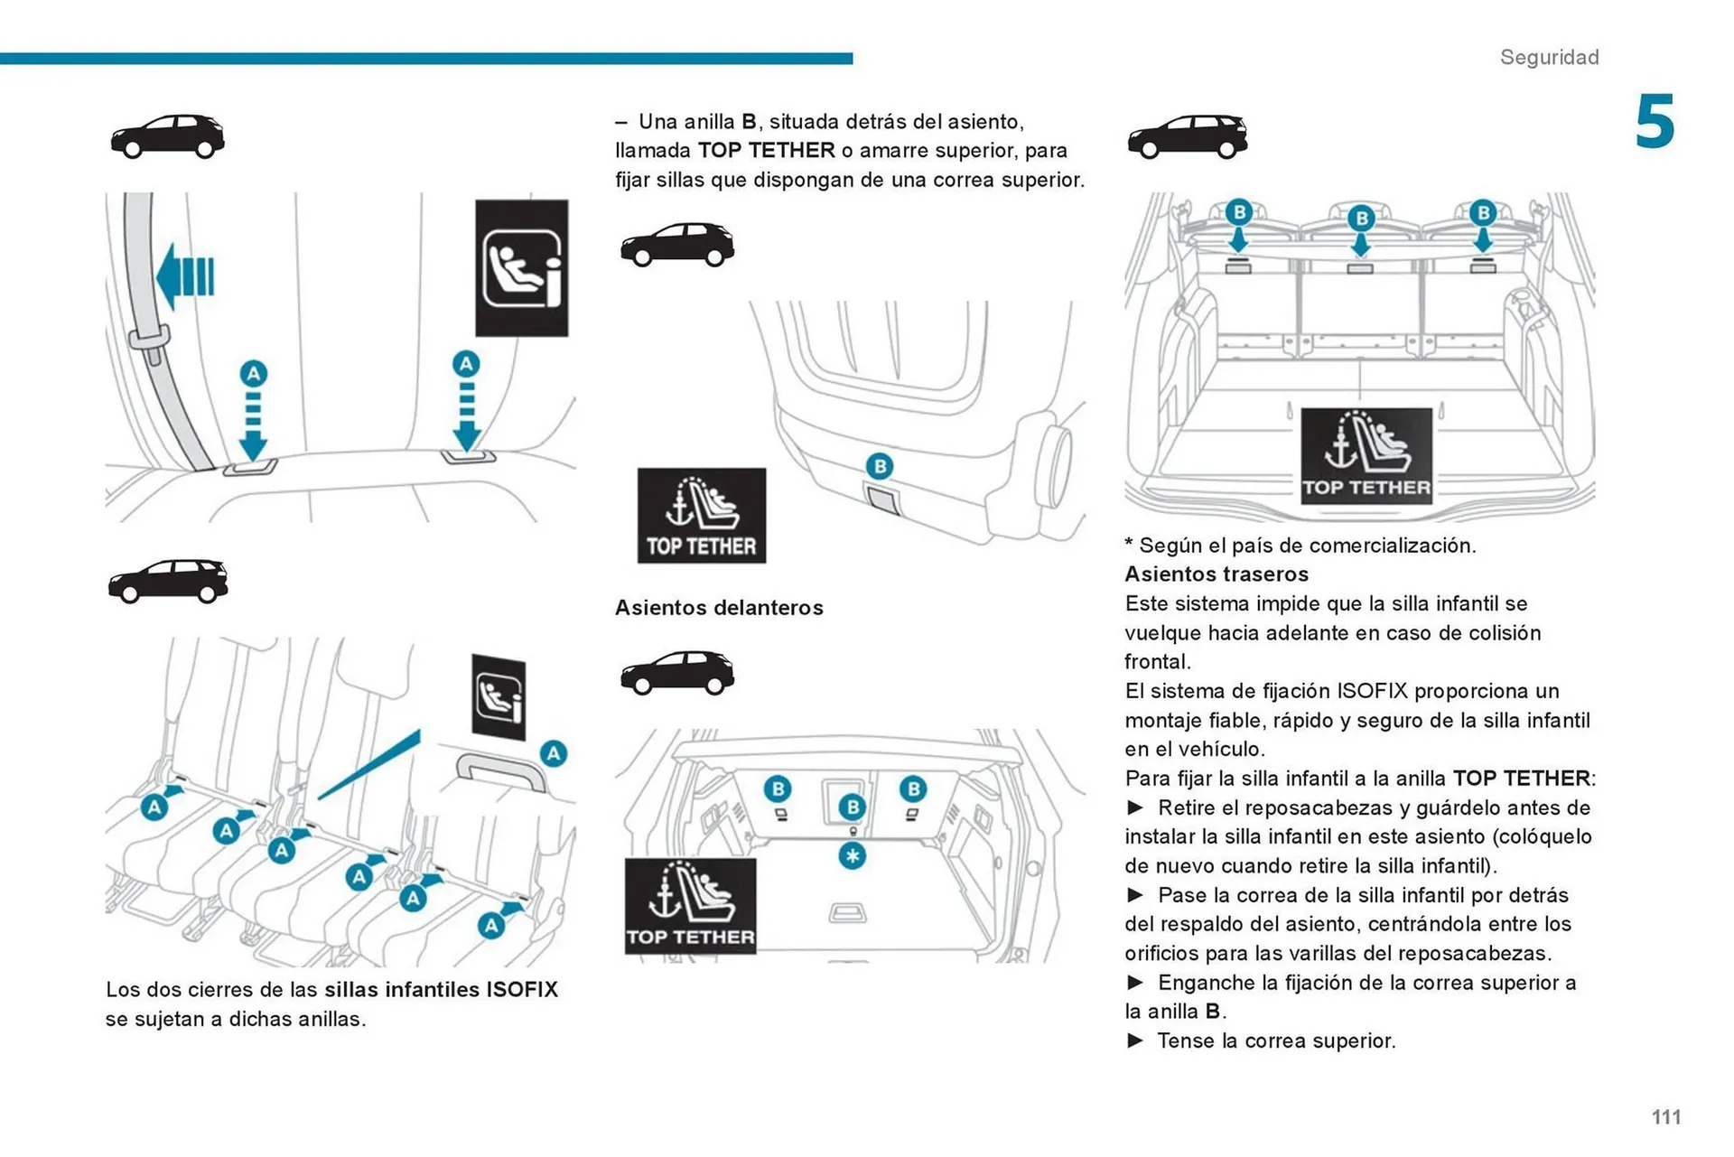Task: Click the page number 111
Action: (1665, 1117)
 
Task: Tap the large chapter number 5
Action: (1655, 122)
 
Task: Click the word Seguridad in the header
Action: (1549, 57)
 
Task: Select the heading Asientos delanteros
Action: (719, 608)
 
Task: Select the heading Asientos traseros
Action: (1216, 574)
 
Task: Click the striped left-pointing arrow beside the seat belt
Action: (185, 276)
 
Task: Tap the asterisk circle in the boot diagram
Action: (852, 855)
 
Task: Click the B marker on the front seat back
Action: (879, 466)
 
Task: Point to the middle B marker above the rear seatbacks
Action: (1360, 218)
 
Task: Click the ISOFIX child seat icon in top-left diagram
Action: (521, 268)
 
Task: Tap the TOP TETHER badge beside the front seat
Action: (701, 516)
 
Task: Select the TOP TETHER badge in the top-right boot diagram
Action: (1366, 455)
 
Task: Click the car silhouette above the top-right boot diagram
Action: (1187, 136)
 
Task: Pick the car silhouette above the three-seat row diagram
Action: (168, 581)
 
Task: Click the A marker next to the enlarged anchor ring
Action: (553, 752)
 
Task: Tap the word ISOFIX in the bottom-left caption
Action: (521, 990)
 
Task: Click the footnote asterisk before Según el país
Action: (1129, 545)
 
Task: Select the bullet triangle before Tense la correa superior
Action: (1135, 1040)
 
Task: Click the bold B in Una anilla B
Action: (749, 122)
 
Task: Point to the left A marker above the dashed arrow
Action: (253, 373)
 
